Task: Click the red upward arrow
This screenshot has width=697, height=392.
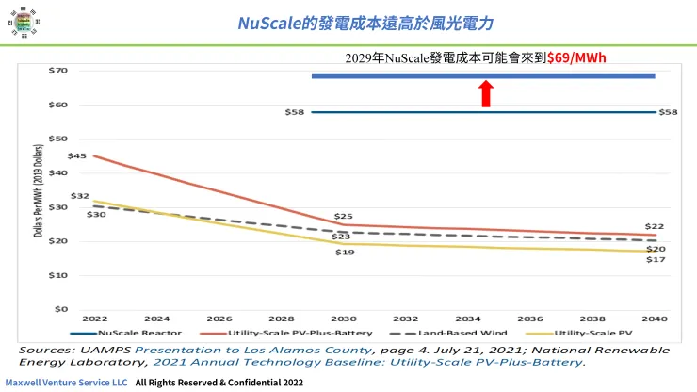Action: pos(486,93)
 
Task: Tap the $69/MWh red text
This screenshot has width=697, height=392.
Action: pos(576,58)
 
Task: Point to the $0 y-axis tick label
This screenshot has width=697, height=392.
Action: pos(61,309)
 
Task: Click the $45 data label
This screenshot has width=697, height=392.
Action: pos(77,155)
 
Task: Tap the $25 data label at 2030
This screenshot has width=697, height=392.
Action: pos(344,217)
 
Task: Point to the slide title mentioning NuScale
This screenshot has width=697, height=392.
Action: pos(365,22)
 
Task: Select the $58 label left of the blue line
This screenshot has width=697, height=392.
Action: pos(295,112)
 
